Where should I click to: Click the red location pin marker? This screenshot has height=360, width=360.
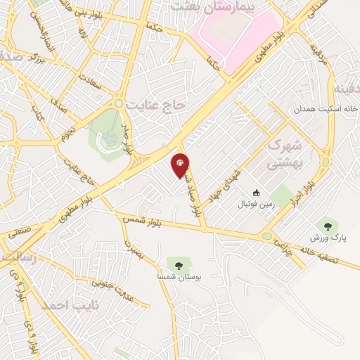tap(181, 164)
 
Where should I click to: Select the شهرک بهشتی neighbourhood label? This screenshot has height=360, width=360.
tap(285, 155)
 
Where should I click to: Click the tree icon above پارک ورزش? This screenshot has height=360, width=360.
tap(325, 225)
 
